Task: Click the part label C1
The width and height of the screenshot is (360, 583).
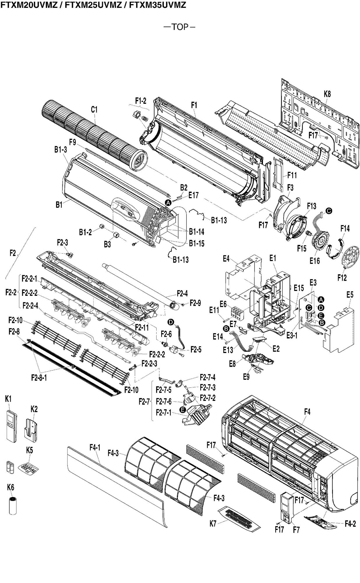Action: coord(94,110)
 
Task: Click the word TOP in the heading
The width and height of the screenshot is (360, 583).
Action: coord(180,27)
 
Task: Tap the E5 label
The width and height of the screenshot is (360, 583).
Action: coord(350,294)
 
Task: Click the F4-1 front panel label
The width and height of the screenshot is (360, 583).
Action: coord(95,447)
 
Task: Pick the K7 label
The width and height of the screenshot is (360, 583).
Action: coord(213,524)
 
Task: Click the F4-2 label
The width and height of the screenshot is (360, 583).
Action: coord(350,524)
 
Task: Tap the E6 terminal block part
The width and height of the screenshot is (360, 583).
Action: coord(236,313)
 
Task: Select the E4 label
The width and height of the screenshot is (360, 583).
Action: coord(226,258)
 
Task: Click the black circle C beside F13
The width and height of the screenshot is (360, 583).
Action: coord(329,211)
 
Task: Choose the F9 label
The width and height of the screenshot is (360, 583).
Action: coord(73,142)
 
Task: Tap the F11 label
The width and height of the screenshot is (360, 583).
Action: coord(292,175)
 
